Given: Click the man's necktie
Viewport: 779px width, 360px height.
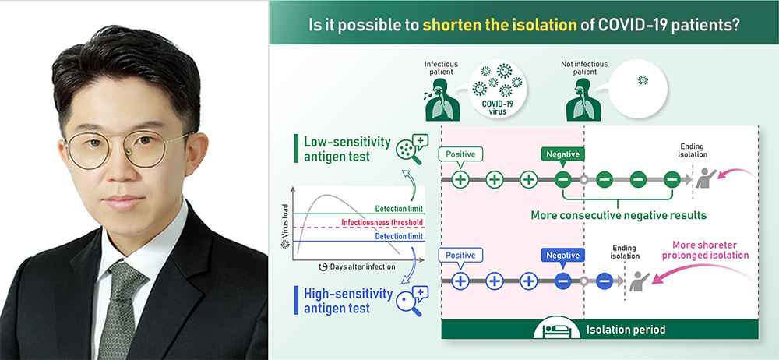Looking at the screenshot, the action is (x=118, y=309).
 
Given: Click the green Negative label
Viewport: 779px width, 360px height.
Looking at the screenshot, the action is (x=562, y=155).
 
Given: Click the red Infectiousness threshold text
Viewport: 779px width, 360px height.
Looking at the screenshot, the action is (x=382, y=222).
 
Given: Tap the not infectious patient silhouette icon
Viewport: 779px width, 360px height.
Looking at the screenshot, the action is (x=583, y=100).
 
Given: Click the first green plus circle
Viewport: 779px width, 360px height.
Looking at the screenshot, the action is (x=460, y=179).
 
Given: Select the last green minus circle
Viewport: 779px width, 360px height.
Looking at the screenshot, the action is (x=671, y=179).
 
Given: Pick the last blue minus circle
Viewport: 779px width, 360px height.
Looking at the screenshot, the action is (x=605, y=281).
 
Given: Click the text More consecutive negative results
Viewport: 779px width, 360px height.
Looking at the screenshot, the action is (x=619, y=215).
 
